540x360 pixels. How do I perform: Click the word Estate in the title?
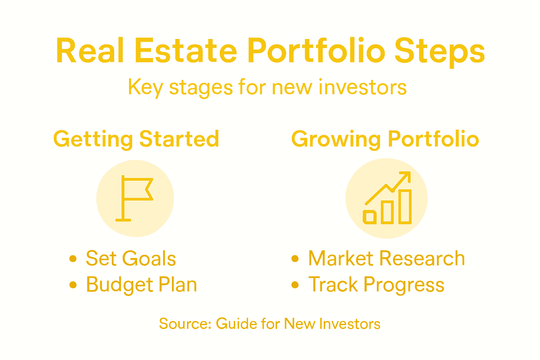[186, 51]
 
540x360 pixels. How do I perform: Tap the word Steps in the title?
[439, 52]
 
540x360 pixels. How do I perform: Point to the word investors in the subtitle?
[362, 87]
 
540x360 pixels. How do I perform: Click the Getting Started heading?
[136, 139]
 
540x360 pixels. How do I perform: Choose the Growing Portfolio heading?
[385, 139]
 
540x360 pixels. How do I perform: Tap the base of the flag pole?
[123, 220]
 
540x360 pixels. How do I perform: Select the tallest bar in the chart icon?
[405, 207]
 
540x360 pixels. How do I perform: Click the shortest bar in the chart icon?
[369, 217]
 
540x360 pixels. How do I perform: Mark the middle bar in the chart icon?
[387, 212]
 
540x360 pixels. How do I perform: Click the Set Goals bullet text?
[131, 259]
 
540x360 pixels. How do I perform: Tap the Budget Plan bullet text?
[141, 285]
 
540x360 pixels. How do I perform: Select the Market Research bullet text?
[386, 259]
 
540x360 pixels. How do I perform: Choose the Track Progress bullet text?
[376, 285]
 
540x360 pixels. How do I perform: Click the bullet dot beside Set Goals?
[73, 259]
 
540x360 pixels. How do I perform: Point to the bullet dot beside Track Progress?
[295, 285]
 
